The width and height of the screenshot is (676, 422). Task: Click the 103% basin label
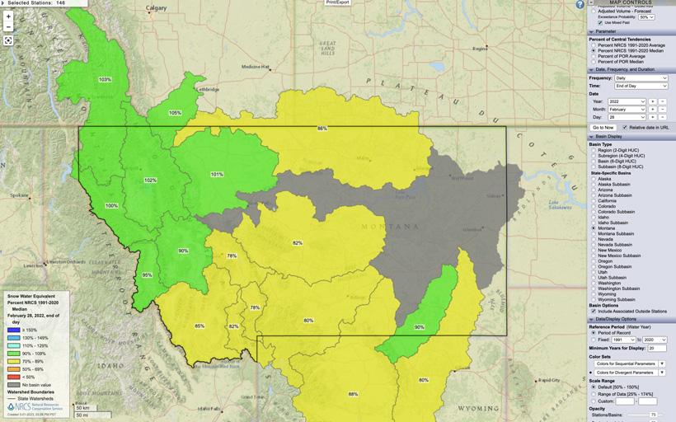(x=105, y=79)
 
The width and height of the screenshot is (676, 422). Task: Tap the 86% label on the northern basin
(x=322, y=129)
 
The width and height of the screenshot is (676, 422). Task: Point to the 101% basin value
(x=217, y=174)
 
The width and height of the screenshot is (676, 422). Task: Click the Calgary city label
(x=156, y=8)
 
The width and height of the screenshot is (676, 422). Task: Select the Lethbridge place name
(x=206, y=88)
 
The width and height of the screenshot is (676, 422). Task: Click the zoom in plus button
(x=8, y=16)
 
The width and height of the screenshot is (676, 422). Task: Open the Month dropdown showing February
(x=627, y=109)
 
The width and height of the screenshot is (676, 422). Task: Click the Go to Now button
(x=603, y=128)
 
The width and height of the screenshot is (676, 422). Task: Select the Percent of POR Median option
(x=594, y=62)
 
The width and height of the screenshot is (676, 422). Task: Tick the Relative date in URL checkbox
(x=625, y=128)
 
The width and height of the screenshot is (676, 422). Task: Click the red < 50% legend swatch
(x=14, y=376)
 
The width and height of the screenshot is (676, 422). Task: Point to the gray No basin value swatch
(x=14, y=384)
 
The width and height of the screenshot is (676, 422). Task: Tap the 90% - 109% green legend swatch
(x=14, y=353)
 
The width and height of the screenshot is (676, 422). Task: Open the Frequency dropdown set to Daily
(x=641, y=77)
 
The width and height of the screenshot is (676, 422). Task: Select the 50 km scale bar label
(x=82, y=407)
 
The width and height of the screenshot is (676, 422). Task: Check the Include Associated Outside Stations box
(x=594, y=311)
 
